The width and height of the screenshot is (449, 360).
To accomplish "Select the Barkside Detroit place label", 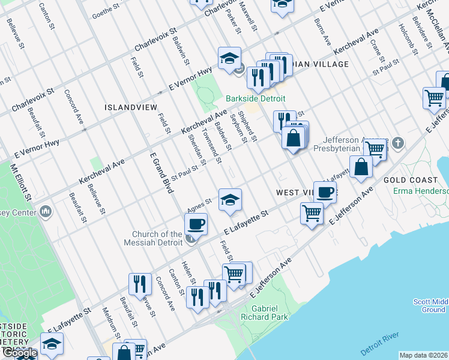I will [255, 98].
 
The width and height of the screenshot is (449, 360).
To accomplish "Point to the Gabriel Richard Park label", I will [270, 312].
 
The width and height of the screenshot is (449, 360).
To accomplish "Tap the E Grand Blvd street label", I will [161, 173].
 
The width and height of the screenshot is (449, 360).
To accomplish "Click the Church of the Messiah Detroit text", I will [158, 238].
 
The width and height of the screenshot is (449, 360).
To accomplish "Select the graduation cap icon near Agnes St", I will [229, 200].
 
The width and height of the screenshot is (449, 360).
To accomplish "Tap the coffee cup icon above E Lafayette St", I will [196, 224].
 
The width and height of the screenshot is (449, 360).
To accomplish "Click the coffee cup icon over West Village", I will [325, 192].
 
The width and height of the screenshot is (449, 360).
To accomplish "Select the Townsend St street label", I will [212, 148].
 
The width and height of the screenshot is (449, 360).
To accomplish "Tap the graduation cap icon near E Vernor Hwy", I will [229, 58].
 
